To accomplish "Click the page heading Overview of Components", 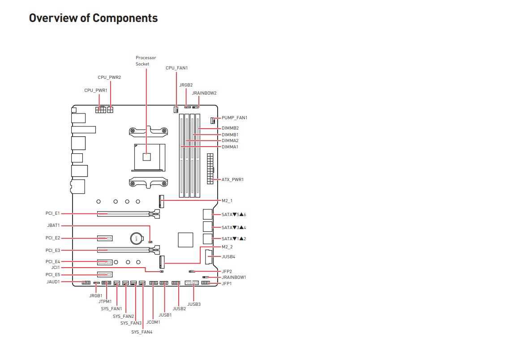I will click(93, 18).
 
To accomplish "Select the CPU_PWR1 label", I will click(96, 91).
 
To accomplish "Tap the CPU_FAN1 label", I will click(176, 68).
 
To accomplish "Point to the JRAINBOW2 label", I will click(204, 93).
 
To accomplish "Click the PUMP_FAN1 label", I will click(234, 118).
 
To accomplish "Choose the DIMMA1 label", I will click(230, 147).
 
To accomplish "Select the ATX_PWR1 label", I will click(232, 180).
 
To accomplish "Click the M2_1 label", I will click(227, 200).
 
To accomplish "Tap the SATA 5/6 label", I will click(234, 215).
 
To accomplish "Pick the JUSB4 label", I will click(228, 257).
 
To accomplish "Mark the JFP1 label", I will click(227, 284).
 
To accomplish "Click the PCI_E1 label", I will click(52, 214).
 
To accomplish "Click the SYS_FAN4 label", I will click(142, 332).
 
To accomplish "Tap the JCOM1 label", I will click(153, 322).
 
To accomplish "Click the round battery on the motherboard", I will click(136, 238).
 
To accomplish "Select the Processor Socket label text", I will click(146, 61).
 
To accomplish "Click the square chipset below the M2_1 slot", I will click(185, 239).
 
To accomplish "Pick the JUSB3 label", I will click(194, 304).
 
